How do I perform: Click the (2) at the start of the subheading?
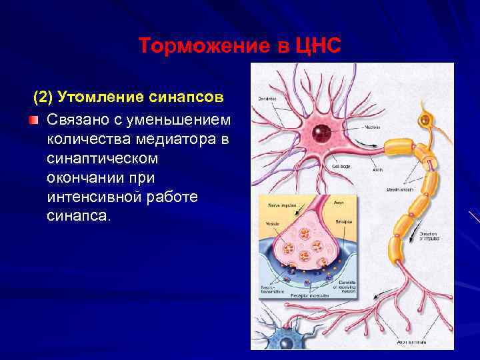pyautogui.click(x=44, y=97)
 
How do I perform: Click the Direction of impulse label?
pyautogui.click(x=429, y=237)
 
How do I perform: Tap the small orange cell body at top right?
pyautogui.click(x=425, y=121)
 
